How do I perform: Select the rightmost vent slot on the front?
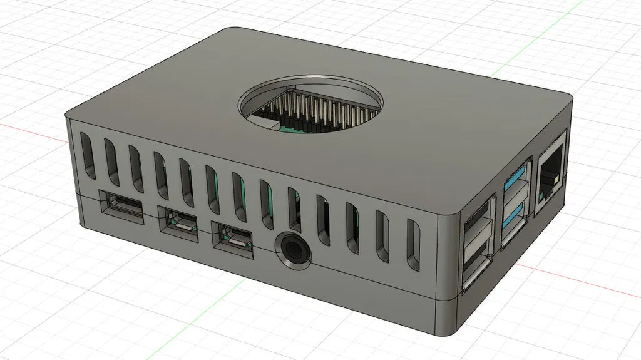tap(414, 246)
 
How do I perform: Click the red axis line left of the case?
tap(31, 128)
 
